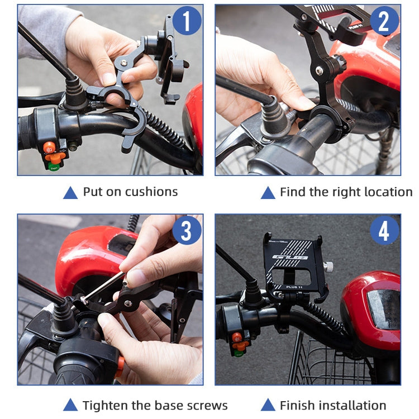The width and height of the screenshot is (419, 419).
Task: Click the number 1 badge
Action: (x=187, y=22)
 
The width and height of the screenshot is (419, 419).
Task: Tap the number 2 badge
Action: (x=384, y=22)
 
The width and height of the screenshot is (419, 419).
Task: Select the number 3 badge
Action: (x=187, y=231)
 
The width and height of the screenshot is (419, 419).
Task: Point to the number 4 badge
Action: (x=384, y=231)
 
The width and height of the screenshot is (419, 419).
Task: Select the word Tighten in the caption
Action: (x=105, y=406)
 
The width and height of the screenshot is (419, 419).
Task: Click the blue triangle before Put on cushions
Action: (x=70, y=193)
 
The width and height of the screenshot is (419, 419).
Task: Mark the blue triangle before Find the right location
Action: (x=268, y=193)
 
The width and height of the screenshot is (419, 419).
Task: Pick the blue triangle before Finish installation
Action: (x=268, y=406)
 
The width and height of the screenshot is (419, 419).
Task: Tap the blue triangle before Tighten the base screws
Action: (x=70, y=406)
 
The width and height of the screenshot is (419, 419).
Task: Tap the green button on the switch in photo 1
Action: (x=54, y=166)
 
